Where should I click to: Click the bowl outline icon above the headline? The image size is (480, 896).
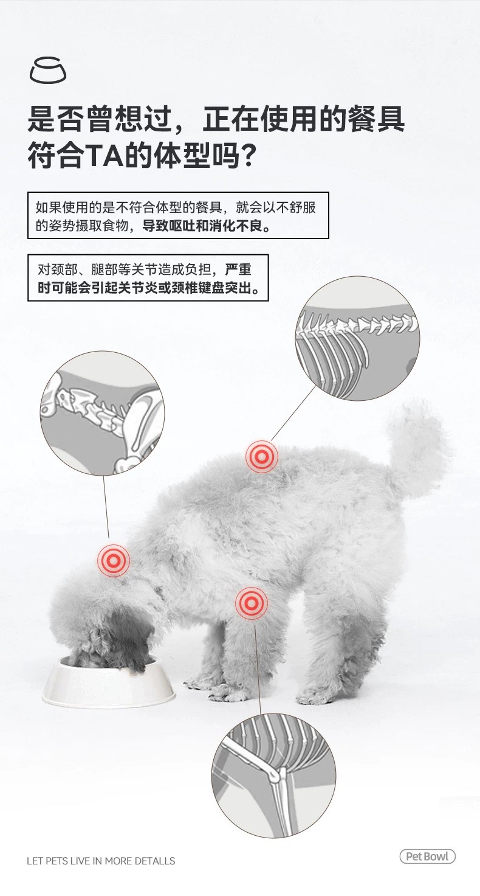(x=48, y=70)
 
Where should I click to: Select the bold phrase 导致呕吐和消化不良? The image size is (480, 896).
(x=206, y=226)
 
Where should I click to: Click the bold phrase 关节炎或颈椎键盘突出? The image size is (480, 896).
(x=179, y=288)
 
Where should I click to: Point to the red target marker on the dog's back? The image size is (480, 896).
(x=261, y=456)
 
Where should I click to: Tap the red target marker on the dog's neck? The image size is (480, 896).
(x=114, y=560)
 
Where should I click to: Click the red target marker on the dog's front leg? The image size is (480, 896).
(x=251, y=603)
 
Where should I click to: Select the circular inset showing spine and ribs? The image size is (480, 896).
(x=357, y=338)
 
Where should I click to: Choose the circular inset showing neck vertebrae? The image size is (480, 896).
(x=102, y=413)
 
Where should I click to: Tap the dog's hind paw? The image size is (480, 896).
(x=316, y=698)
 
